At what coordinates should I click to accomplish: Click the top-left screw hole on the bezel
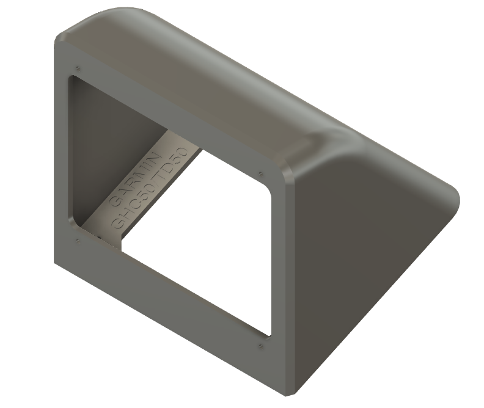point(78,66)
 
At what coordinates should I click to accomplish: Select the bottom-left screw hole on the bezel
point(76,239)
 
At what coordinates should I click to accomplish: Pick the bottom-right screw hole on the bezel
point(261,346)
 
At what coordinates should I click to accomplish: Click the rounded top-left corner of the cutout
point(73,81)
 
